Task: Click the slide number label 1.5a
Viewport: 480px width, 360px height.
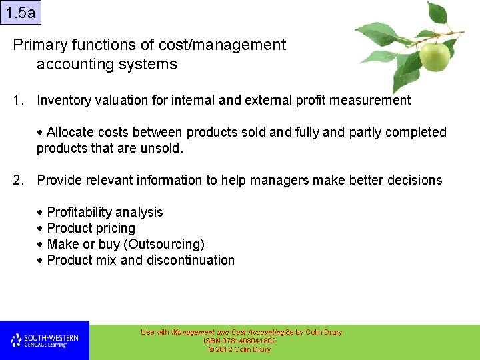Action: click(x=21, y=13)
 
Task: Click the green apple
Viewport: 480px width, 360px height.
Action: click(x=434, y=57)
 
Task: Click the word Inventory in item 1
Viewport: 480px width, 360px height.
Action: click(x=63, y=101)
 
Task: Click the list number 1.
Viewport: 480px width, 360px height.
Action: click(x=18, y=101)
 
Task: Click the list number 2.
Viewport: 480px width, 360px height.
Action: click(x=18, y=181)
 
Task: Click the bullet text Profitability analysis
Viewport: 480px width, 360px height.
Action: click(x=105, y=213)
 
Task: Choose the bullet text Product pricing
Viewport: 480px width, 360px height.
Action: click(x=91, y=229)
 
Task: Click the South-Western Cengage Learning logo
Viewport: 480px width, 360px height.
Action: click(x=44, y=341)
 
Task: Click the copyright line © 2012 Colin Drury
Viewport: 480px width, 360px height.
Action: click(x=240, y=349)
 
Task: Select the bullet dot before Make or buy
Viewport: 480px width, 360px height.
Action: click(x=41, y=245)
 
